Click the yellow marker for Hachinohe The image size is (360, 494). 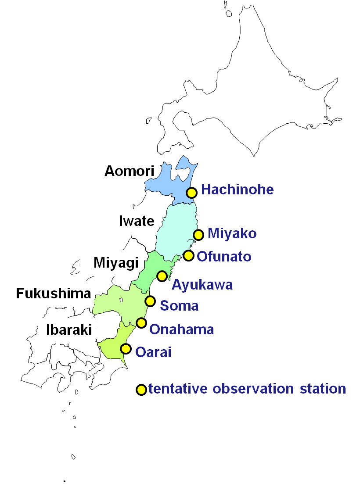191,192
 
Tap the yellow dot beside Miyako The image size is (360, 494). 198,235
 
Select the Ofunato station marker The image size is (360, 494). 188,255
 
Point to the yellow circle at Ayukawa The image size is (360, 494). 162,276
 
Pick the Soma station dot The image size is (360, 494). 150,301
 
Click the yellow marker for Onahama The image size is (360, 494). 141,323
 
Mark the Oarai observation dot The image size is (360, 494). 126,349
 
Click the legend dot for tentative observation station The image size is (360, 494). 141,390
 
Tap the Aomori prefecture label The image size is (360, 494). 130,171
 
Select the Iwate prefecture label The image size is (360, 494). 137,221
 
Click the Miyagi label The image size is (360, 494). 116,263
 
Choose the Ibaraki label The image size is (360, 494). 69,330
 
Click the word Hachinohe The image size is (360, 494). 238,190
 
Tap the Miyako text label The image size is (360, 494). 232,233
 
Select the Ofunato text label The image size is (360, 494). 224,256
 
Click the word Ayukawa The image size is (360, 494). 202,285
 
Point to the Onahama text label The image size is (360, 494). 182,329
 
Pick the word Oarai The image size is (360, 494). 153,352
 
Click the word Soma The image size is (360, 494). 179,305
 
